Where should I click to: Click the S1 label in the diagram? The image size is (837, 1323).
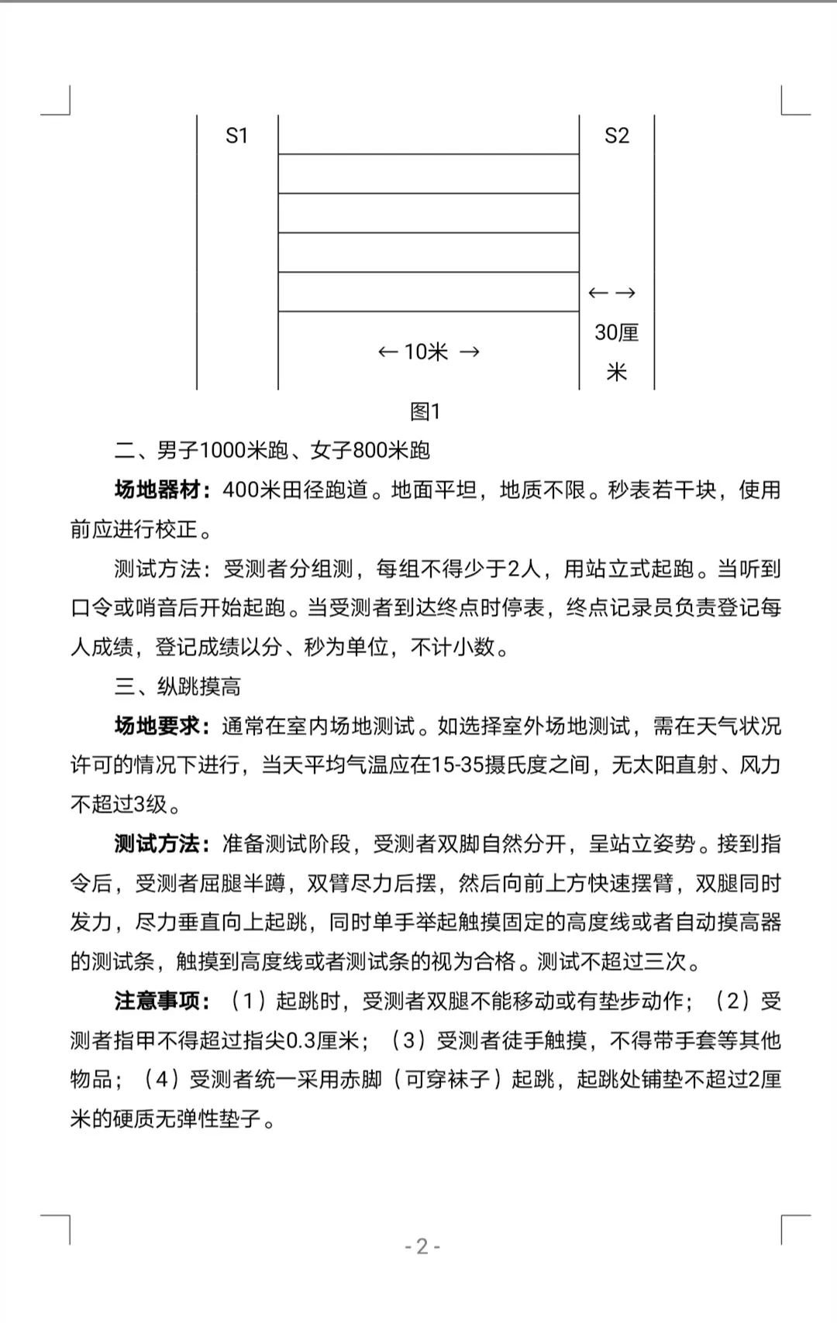236,136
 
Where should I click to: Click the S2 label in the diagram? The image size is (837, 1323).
617,136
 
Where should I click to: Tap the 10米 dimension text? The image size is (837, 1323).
426,352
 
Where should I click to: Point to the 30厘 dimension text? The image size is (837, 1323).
617,332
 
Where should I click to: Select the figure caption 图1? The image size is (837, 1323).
425,411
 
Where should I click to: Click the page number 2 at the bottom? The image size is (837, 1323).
422,1246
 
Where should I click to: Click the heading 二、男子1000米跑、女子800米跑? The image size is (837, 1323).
272,451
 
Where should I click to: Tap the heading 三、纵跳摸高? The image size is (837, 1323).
178,686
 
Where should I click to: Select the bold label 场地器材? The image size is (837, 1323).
158,490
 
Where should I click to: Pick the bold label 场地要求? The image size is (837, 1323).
158,727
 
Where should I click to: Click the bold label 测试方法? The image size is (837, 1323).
158,844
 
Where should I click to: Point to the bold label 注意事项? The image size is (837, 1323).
158,1002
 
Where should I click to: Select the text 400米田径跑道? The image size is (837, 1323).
294,490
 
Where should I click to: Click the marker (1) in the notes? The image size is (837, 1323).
249,1002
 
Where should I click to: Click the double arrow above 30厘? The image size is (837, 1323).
612,293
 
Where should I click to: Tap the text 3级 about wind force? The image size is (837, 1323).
151,804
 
